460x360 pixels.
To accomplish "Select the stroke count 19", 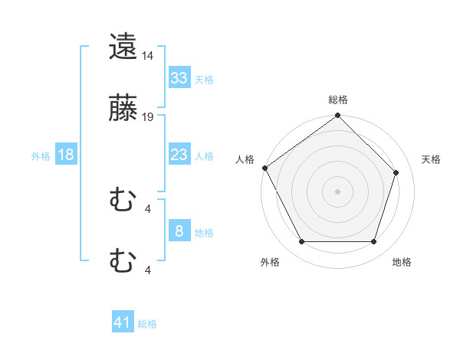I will (148, 117).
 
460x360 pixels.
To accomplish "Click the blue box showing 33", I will (179, 77).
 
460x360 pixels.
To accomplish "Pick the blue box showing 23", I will (179, 155).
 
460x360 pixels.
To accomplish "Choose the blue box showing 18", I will (66, 155).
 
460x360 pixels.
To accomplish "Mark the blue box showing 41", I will (123, 322).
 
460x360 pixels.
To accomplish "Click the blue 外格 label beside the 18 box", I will (41, 155).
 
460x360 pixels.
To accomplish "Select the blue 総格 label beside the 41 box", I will (147, 324).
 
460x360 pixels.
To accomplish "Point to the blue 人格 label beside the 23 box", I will (204, 155).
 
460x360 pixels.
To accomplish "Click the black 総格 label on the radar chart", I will (338, 100).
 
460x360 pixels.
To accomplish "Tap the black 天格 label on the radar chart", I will (432, 159).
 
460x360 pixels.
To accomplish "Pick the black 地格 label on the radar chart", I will (402, 262).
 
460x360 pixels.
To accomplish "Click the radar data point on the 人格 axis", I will (264, 168).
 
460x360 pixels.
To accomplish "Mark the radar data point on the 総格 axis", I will (338, 116).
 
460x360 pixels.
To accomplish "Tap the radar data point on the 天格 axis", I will (396, 172).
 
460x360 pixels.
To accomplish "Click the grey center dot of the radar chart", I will (338, 191).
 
